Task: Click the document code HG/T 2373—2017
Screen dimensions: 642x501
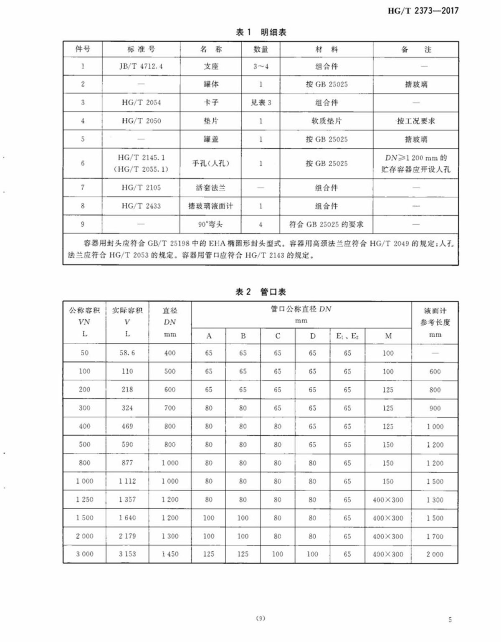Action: [x=423, y=11]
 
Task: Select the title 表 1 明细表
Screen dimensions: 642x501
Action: [x=261, y=32]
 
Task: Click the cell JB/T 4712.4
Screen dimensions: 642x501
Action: [x=141, y=66]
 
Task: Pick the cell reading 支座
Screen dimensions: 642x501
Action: [x=211, y=66]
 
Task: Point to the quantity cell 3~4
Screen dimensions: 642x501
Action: [x=261, y=66]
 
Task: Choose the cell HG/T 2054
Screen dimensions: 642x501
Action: [x=141, y=102]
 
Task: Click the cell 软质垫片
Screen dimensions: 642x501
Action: [x=326, y=121]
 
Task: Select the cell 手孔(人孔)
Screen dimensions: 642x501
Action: [x=211, y=163]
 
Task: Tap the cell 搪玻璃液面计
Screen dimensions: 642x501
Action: [x=211, y=206]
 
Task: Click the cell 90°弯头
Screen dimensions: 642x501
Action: [x=211, y=224]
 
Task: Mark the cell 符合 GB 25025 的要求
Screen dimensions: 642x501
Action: [x=326, y=224]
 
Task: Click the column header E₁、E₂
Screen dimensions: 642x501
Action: [x=347, y=336]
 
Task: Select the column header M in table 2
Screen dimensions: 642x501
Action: [x=388, y=336]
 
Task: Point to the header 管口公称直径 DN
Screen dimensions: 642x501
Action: [x=301, y=309]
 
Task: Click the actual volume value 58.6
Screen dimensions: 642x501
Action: [x=127, y=353]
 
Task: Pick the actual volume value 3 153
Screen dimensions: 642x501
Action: [x=127, y=554]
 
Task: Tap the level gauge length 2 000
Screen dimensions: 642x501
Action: [x=435, y=554]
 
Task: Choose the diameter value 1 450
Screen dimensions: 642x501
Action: [x=170, y=554]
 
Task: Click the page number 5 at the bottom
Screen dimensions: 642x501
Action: [x=450, y=619]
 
